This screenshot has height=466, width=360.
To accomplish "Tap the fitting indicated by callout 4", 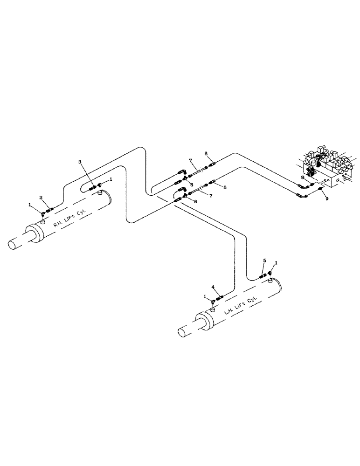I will (219, 296).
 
